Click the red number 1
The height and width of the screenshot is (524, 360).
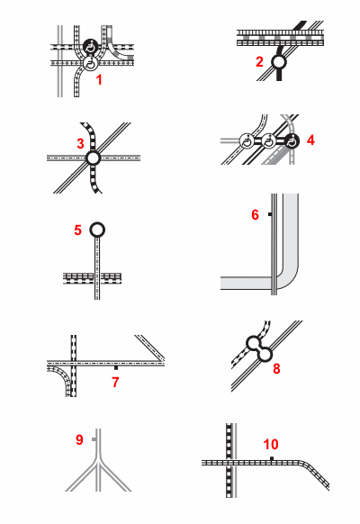(x=99, y=80)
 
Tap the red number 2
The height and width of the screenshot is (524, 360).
(x=259, y=62)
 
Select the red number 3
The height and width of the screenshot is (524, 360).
(x=80, y=144)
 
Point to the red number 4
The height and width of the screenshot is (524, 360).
(x=310, y=140)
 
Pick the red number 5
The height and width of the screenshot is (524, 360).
(x=77, y=230)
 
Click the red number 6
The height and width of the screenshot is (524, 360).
(x=255, y=215)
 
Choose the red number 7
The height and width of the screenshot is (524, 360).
(x=115, y=382)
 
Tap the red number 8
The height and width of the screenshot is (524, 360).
(x=276, y=368)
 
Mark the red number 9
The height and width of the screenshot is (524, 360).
(x=79, y=439)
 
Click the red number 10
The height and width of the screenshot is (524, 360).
(x=271, y=445)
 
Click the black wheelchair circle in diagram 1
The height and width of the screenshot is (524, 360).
(x=91, y=46)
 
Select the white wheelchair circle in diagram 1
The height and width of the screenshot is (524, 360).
(x=91, y=63)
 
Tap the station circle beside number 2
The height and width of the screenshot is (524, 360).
(x=278, y=62)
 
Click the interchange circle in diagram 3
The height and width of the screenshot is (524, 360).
(x=94, y=158)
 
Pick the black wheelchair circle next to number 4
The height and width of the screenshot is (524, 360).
(x=292, y=141)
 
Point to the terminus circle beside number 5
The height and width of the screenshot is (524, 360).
(x=97, y=230)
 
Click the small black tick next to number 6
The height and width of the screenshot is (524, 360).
(x=270, y=214)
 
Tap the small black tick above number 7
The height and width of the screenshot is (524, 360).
(x=116, y=367)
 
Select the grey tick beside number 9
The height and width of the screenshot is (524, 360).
(x=94, y=439)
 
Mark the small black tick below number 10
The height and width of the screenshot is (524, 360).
(x=272, y=458)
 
